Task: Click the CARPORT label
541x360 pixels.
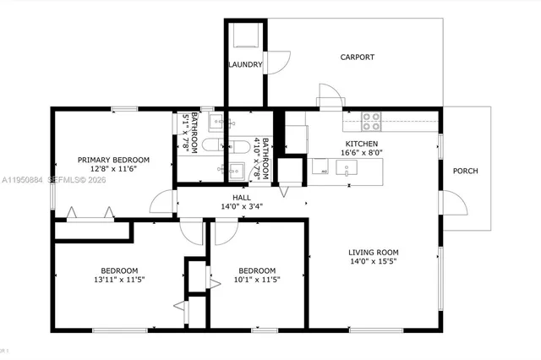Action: [358, 57]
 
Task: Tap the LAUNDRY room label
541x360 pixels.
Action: [245, 64]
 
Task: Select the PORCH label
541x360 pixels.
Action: [465, 171]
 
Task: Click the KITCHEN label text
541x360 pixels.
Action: [361, 144]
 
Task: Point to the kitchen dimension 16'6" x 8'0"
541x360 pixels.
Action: [361, 153]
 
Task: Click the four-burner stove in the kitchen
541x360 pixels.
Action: [372, 119]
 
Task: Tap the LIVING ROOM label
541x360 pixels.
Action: [374, 253]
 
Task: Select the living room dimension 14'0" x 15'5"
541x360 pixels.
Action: [374, 262]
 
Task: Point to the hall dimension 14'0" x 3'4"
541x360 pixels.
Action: [242, 206]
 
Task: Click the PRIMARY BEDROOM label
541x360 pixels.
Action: [113, 160]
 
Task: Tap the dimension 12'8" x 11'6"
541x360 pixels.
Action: [113, 169]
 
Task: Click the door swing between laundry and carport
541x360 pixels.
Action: [278, 62]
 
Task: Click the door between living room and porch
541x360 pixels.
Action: [454, 204]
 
